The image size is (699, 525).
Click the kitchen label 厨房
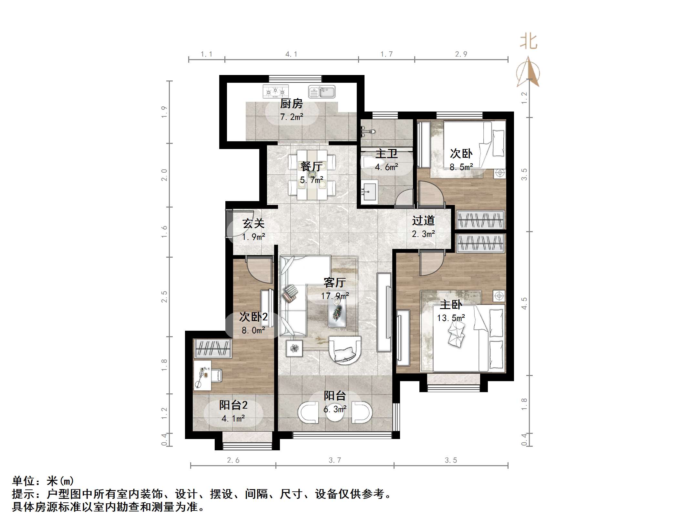[x=291, y=104]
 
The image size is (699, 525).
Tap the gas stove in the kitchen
[x=275, y=91]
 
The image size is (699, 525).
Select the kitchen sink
[x=322, y=91]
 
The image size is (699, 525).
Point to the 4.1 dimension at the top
[x=291, y=54]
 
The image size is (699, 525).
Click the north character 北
[x=529, y=42]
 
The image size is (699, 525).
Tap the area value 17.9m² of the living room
[x=335, y=296]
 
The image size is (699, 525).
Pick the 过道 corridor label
[x=423, y=220]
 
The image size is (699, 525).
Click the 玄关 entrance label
[x=253, y=223]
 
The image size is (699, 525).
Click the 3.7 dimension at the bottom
[x=335, y=460]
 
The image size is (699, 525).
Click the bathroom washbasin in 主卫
[x=369, y=192]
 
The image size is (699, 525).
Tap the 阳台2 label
[x=233, y=405]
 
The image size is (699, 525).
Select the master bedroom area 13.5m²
[x=451, y=318]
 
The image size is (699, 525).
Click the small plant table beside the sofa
[x=294, y=348]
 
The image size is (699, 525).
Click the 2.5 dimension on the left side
[x=164, y=296]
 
